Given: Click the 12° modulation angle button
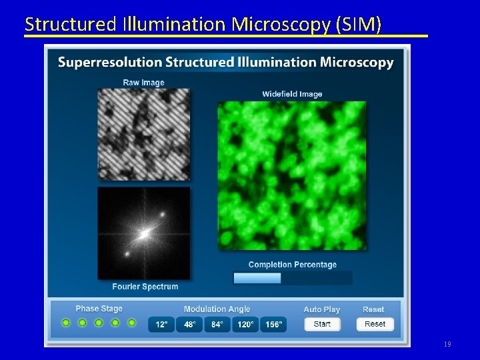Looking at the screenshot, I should coord(161,325).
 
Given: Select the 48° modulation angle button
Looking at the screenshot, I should coord(189,325).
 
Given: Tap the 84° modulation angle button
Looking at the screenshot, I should coord(217,325).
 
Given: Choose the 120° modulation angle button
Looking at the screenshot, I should coord(245,325).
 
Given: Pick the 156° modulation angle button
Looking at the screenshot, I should coord(273,325).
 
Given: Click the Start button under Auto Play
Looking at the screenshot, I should coord(322,324).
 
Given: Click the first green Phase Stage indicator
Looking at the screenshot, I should coord(66,323).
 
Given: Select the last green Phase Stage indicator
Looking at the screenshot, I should coord(131,323).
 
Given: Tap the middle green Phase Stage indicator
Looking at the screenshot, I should coord(99,323).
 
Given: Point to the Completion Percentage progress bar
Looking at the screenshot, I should coord(292,278).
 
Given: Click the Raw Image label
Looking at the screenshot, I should coord(143,83).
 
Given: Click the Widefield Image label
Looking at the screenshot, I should coord(292,94).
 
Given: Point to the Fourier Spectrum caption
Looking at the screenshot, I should coord(145,287).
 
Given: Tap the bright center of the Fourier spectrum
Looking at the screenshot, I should coord(143,234).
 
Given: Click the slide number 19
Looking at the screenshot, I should coord(447,345).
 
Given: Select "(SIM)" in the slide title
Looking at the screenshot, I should coord(359,25).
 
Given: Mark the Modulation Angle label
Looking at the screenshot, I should coord(217,309).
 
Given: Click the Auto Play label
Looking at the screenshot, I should coord(322,309).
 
